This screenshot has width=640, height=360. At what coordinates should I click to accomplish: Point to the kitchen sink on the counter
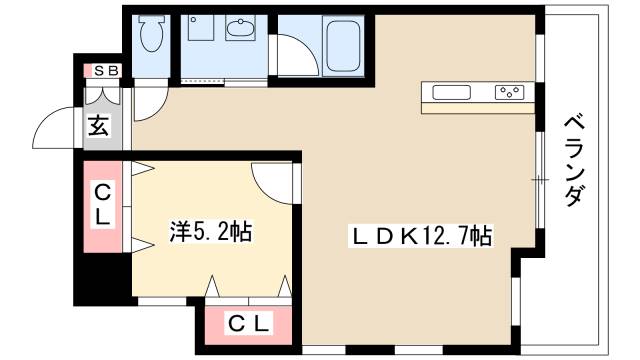click(453, 93)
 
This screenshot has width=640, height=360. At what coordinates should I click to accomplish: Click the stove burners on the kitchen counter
click(508, 93)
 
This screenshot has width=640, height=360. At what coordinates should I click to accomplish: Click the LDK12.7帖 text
click(419, 236)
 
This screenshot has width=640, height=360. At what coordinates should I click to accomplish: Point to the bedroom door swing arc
click(270, 180)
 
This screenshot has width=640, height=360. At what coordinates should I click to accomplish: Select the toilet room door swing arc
click(150, 101)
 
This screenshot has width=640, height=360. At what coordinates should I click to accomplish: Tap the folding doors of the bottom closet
click(248, 289)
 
